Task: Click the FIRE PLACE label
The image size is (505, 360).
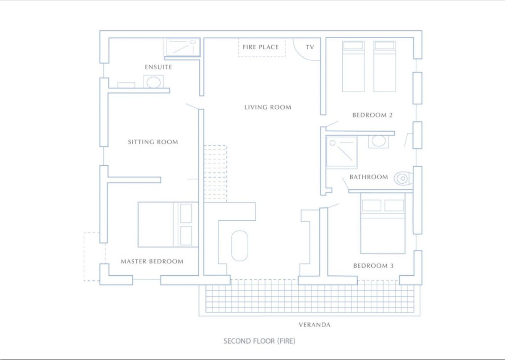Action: point(260,47)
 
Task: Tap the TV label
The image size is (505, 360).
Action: point(310,47)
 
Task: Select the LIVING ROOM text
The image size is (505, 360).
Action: point(268,107)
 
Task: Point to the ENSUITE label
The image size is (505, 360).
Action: point(159,67)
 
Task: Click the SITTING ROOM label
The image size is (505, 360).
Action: point(153,142)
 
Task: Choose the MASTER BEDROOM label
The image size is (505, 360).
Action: point(152,261)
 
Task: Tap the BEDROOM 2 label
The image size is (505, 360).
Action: point(372,115)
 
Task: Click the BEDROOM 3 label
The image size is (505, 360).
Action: point(373,266)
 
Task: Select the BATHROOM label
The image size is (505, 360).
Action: point(369,177)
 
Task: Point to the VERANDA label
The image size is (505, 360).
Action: point(315,325)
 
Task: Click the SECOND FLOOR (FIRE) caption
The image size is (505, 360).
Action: point(259,341)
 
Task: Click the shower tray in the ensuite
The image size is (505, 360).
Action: point(182,47)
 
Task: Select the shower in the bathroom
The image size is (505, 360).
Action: point(342,151)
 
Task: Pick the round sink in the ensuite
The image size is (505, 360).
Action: point(154,81)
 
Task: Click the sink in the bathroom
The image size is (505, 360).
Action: point(379,141)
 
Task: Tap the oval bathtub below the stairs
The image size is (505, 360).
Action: point(239,245)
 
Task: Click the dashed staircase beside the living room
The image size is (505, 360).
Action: point(216,173)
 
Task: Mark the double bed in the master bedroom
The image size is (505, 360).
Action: point(167,225)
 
